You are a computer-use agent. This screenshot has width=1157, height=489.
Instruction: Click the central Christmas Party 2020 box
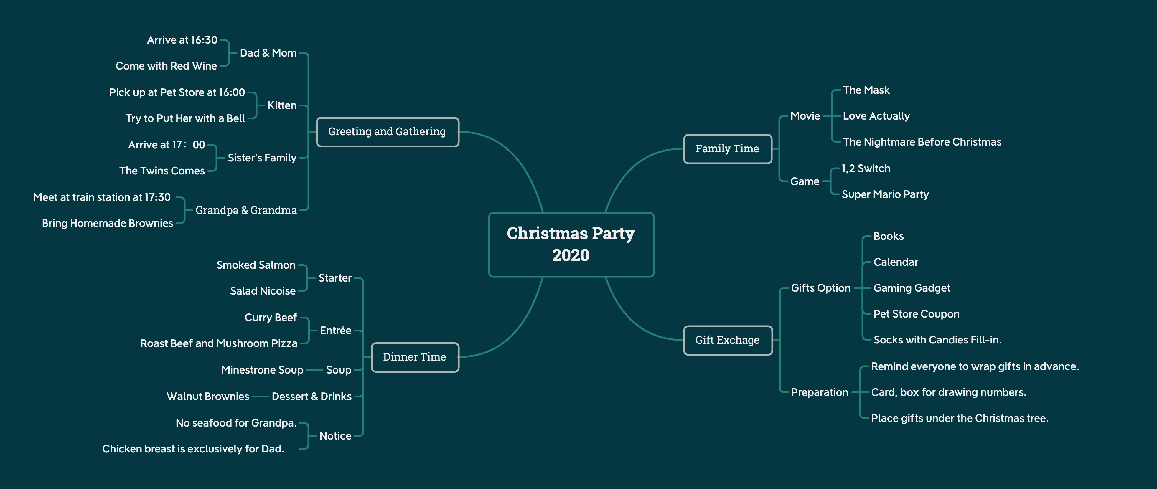coord(571,245)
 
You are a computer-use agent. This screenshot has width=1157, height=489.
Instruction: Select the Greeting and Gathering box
coord(388,132)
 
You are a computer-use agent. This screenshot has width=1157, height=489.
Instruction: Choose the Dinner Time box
coord(415,357)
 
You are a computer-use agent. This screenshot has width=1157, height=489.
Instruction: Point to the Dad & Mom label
coord(268,53)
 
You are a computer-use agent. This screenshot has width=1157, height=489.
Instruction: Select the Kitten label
coord(282,105)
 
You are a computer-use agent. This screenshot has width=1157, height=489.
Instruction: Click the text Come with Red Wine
coord(166,66)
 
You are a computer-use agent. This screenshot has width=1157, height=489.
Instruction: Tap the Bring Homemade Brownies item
coord(107,223)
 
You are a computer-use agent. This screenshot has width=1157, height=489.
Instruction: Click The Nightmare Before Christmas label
coord(922,142)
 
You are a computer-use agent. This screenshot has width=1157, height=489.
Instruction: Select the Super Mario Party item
coord(885,194)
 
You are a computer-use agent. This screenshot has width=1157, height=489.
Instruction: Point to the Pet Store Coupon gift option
coord(916,314)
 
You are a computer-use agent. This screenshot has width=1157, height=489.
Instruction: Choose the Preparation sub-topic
coord(820,392)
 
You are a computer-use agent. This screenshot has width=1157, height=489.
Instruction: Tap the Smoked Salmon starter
coord(256,265)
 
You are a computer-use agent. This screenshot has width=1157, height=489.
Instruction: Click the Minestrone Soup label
coord(262,370)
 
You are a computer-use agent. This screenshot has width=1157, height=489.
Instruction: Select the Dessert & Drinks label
coord(312,397)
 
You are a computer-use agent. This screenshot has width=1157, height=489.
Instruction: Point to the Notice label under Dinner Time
coord(335,436)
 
